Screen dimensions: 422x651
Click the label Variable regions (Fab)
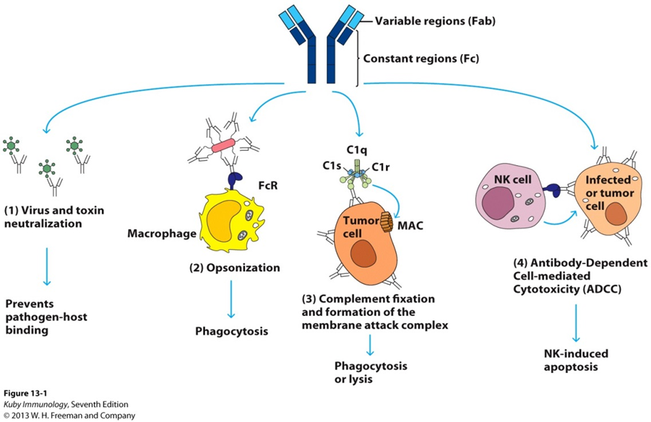point(430,21)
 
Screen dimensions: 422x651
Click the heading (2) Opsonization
point(234,268)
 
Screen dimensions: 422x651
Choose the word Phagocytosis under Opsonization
point(230,332)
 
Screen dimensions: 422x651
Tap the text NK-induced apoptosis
point(575,360)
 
